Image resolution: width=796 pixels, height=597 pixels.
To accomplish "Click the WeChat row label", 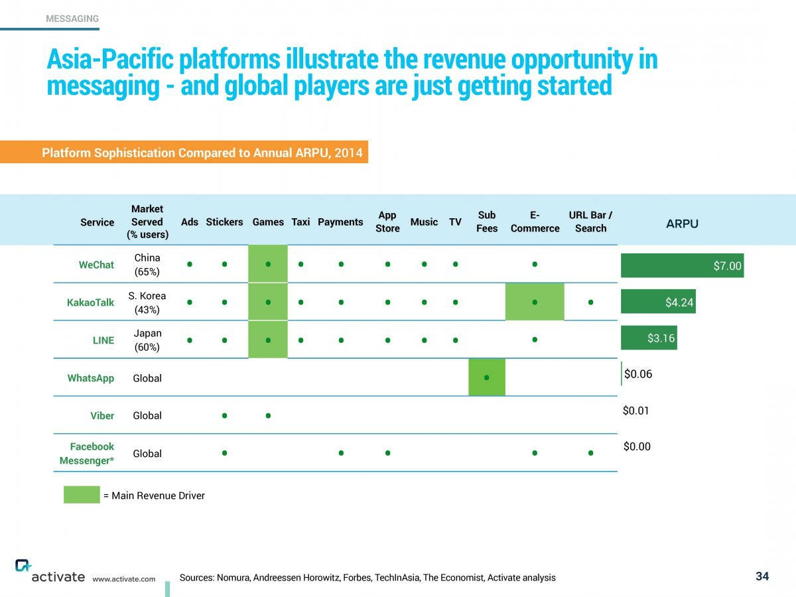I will pyautogui.click(x=96, y=265).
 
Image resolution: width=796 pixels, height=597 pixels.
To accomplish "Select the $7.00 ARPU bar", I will pyautogui.click(x=682, y=265).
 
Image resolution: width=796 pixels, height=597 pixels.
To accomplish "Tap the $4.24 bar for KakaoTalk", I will pyautogui.click(x=657, y=302).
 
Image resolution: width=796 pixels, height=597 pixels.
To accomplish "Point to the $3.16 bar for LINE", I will pyautogui.click(x=648, y=338).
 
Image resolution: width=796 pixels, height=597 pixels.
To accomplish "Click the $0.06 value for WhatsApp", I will pyautogui.click(x=638, y=374).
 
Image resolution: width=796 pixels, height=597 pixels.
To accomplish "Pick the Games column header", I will pyautogui.click(x=268, y=222).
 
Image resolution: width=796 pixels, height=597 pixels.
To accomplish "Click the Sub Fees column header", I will pyautogui.click(x=487, y=222).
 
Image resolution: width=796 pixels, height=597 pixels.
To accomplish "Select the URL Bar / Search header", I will pyautogui.click(x=590, y=222).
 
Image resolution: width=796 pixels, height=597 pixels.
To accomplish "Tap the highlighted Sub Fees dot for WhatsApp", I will pyautogui.click(x=487, y=377).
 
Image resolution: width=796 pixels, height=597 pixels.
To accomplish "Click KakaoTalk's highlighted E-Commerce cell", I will pyautogui.click(x=535, y=302).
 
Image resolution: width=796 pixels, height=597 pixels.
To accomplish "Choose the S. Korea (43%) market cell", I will pyautogui.click(x=147, y=302).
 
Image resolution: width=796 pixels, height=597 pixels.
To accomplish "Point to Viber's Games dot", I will pyautogui.click(x=268, y=416).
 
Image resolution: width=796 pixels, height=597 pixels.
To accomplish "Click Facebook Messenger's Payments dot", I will pyautogui.click(x=340, y=453).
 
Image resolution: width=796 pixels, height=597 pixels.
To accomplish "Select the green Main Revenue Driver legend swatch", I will pyautogui.click(x=82, y=495).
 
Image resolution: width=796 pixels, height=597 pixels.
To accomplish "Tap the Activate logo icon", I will pyautogui.click(x=23, y=565).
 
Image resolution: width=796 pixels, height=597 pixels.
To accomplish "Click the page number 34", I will pyautogui.click(x=762, y=576).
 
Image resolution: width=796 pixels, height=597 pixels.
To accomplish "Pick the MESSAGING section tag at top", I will pyautogui.click(x=72, y=19).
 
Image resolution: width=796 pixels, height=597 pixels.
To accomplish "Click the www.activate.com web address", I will pyautogui.click(x=124, y=578).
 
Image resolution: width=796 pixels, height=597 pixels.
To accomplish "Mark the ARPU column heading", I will pyautogui.click(x=682, y=224).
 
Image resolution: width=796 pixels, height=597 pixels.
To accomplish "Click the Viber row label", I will pyautogui.click(x=102, y=416).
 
